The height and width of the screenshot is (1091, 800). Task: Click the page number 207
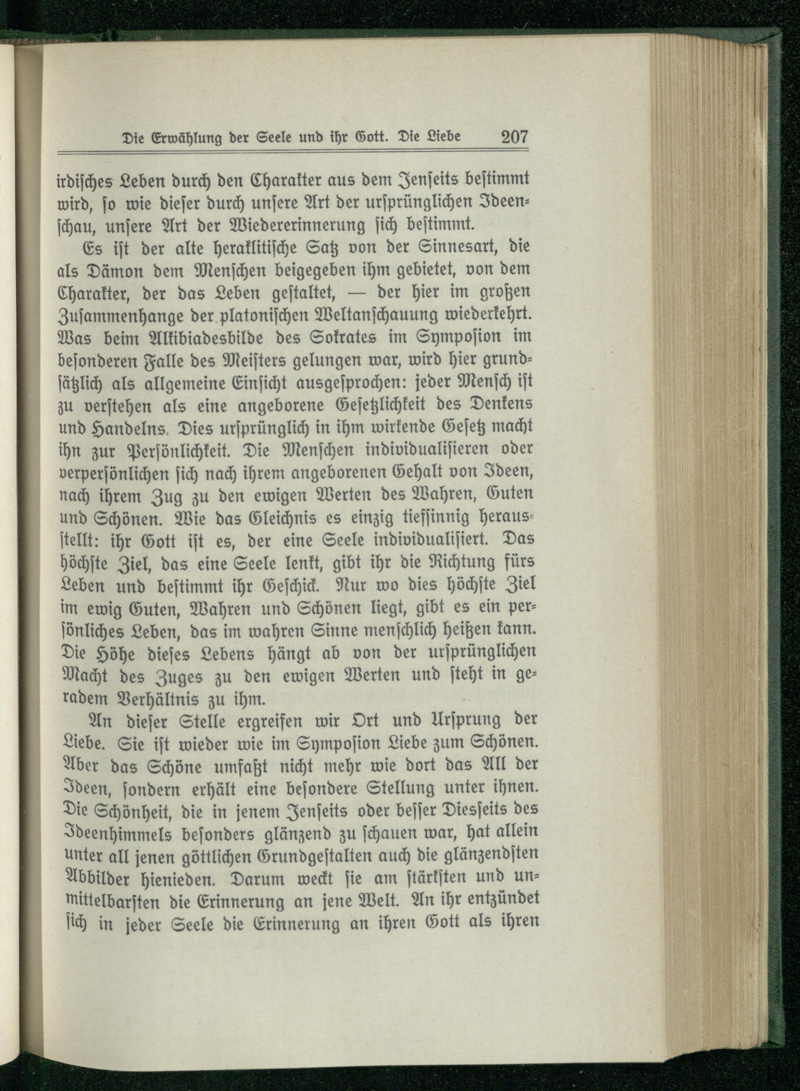point(514,137)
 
